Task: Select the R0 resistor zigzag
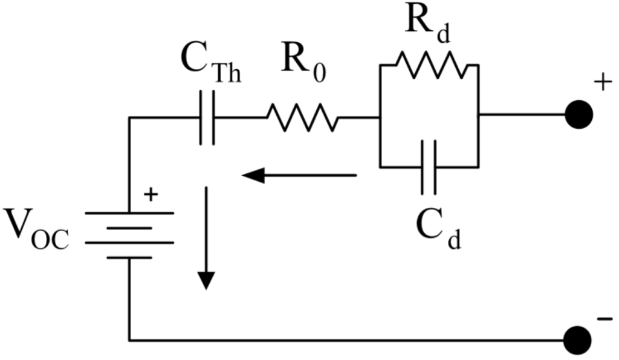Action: [x=302, y=117]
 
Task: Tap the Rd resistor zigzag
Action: [x=431, y=65]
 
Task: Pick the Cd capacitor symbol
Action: [x=429, y=166]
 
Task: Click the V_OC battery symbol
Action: [x=129, y=235]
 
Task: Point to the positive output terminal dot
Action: [x=578, y=114]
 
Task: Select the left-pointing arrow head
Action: [x=253, y=176]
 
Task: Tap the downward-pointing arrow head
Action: [x=206, y=280]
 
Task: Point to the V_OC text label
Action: [x=36, y=228]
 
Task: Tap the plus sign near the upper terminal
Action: [x=601, y=83]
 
